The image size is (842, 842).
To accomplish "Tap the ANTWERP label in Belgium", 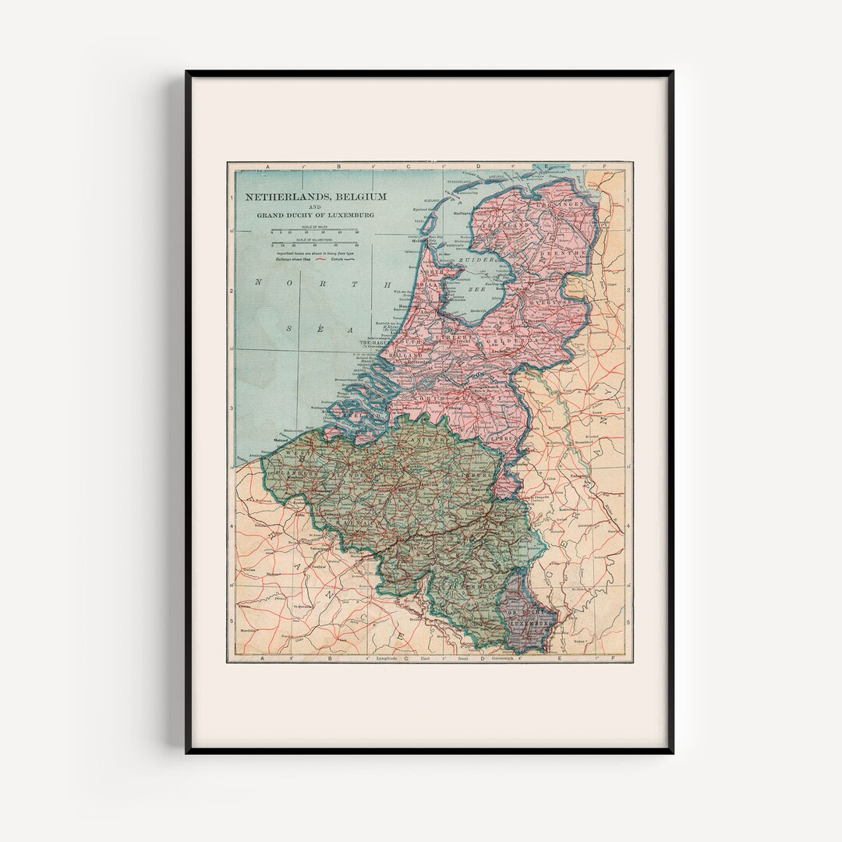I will pos(411,439).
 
